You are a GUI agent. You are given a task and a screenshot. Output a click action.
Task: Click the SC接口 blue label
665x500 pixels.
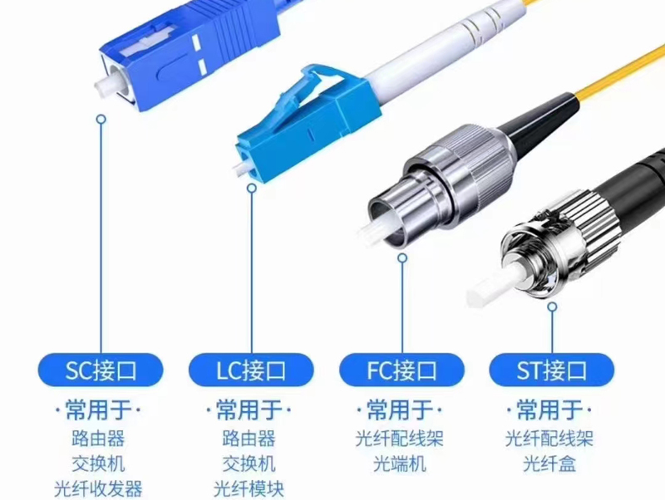coord(101,370)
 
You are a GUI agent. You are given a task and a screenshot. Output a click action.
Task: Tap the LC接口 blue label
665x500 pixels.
coord(251,370)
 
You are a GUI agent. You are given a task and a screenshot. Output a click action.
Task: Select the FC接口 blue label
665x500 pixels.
coord(401,370)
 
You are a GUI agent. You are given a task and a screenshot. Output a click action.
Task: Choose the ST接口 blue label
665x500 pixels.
coord(552,370)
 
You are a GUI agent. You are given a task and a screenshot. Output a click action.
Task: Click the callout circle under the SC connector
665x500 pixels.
coord(101,119)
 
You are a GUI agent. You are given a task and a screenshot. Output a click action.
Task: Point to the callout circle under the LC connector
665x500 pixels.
coord(252,188)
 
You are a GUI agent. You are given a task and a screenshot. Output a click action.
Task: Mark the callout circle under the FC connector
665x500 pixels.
coord(402,257)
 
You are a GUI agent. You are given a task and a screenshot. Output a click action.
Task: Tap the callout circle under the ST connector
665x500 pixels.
coord(552,306)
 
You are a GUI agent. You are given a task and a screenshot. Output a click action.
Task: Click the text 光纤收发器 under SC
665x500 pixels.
coord(98,488)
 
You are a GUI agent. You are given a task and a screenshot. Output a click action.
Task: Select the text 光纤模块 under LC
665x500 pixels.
coord(249,488)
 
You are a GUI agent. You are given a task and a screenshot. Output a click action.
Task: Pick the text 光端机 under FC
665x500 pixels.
coord(400,464)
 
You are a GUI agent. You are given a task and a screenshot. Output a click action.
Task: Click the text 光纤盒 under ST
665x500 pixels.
coord(549,464)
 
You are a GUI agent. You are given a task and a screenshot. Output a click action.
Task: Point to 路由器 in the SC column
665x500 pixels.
coord(98,439)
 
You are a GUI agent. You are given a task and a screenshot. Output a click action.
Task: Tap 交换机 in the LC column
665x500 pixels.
coord(249,464)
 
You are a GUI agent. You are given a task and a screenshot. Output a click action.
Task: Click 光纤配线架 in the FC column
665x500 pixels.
coord(400,439)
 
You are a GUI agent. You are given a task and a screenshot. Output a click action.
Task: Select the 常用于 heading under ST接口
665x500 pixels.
coord(549,409)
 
